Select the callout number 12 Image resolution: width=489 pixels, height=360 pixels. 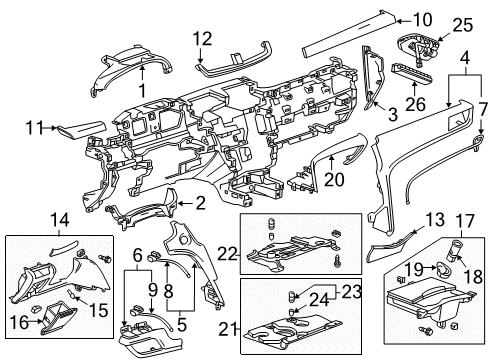coord(203,38)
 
